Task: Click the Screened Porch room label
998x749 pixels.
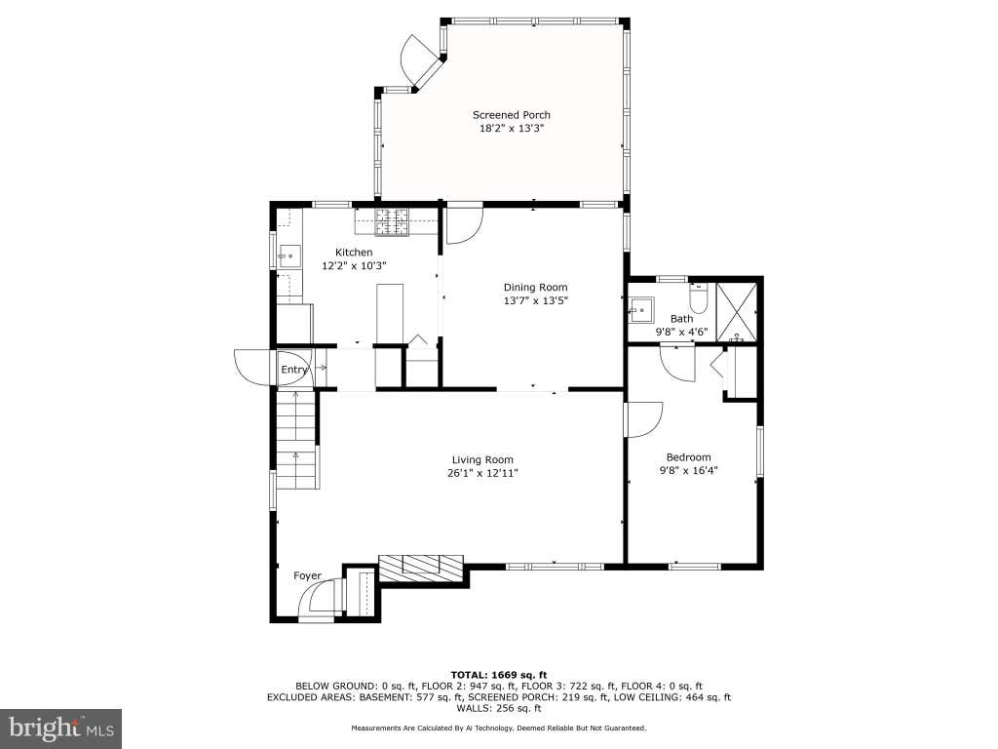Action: (511, 115)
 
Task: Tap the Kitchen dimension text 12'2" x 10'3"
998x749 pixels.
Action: (354, 265)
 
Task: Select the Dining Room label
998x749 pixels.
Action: (535, 288)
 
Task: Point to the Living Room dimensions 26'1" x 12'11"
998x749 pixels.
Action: (482, 473)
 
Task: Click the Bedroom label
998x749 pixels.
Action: (689, 457)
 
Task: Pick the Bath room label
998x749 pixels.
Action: (681, 319)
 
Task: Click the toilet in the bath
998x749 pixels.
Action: (699, 299)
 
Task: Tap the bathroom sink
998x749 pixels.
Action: (640, 311)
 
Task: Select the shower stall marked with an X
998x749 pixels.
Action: (737, 312)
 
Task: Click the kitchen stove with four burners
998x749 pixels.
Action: (392, 222)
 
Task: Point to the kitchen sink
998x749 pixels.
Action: (289, 256)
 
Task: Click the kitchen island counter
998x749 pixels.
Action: (390, 314)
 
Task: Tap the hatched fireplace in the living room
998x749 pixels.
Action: (421, 568)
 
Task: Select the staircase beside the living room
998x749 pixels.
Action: (296, 440)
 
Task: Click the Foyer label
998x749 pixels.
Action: (307, 575)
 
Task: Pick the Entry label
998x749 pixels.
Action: (294, 370)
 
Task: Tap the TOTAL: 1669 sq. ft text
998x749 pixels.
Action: (499, 675)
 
